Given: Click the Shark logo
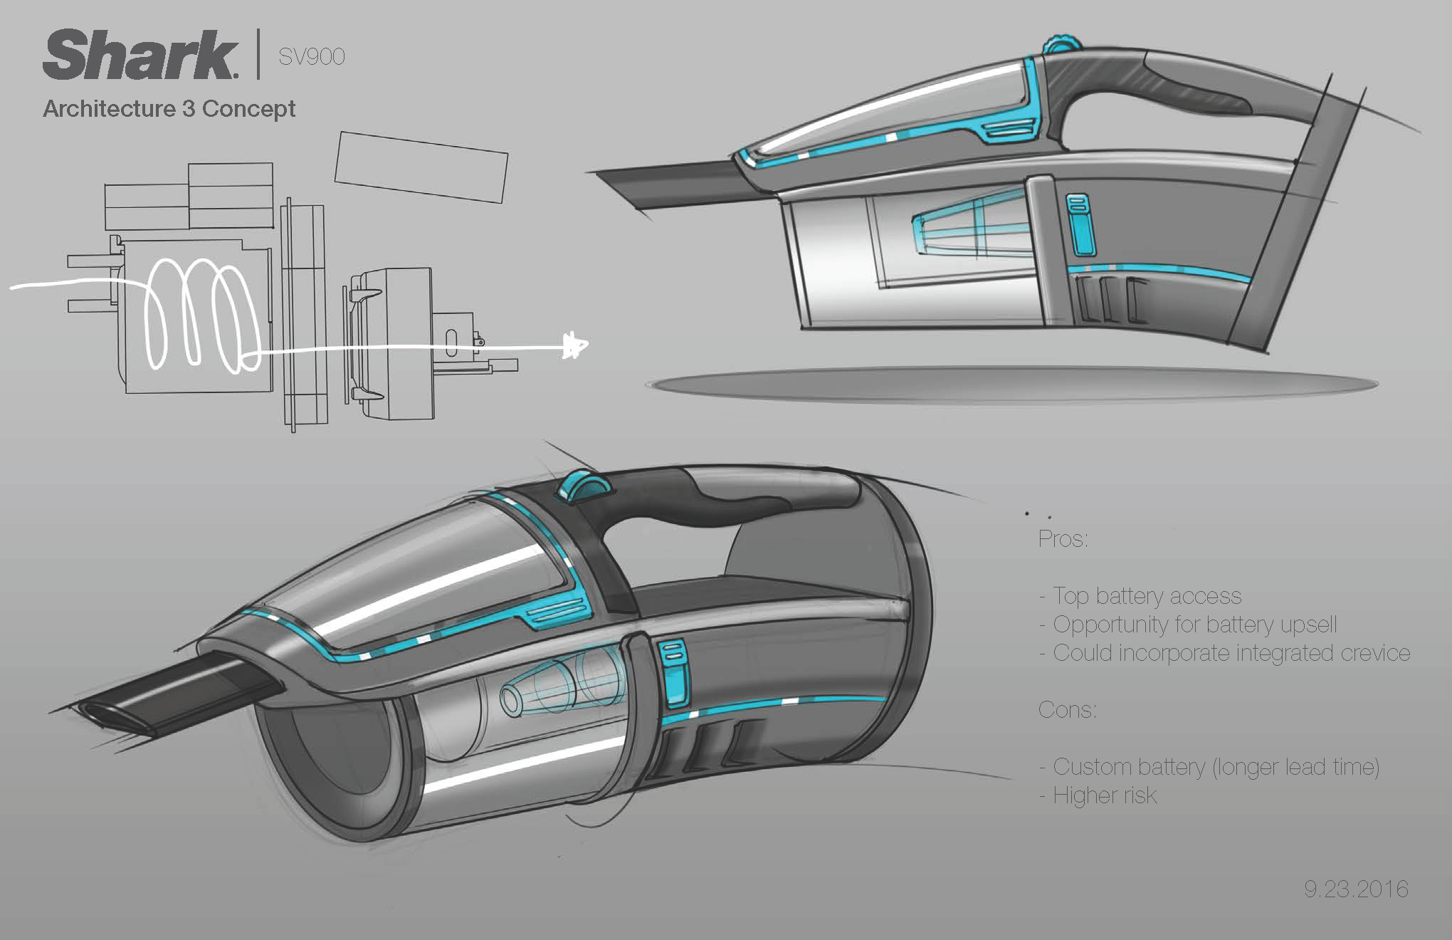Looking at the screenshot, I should click(140, 55).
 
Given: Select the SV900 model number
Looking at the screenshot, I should click(311, 56).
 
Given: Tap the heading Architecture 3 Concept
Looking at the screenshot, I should click(169, 109).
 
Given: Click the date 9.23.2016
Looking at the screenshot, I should click(1356, 889).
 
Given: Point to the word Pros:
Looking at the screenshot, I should click(1063, 538).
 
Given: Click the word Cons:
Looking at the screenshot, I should click(1067, 709).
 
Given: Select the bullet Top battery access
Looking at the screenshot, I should click(1146, 595).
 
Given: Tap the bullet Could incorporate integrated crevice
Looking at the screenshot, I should click(1224, 653).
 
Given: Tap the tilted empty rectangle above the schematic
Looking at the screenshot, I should click(421, 167).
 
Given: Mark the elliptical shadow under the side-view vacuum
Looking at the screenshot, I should click(1011, 385).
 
